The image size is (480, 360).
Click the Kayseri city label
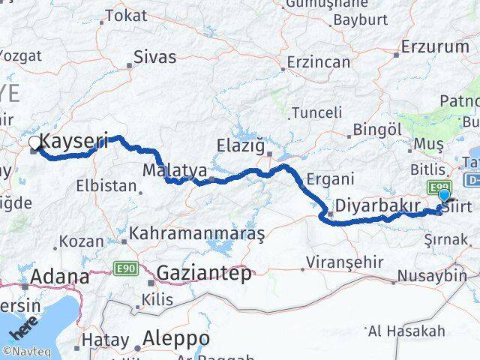click(73, 139)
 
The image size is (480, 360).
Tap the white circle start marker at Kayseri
click(34, 142)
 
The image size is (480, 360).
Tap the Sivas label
click(154, 56)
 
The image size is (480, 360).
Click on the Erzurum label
click(435, 46)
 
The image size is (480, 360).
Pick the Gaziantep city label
click(204, 273)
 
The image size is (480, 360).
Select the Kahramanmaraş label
click(197, 234)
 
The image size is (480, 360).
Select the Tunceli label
click(316, 112)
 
